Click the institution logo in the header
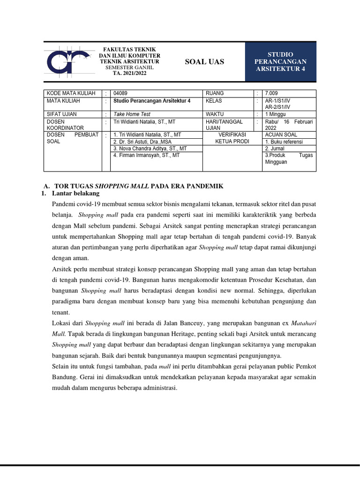(68, 61)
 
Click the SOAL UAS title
(204, 62)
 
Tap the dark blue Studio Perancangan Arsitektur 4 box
(280, 62)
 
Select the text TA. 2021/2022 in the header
(129, 74)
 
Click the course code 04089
(120, 93)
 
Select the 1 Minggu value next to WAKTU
(276, 114)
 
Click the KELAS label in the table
(214, 101)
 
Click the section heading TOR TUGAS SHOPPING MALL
(140, 186)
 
